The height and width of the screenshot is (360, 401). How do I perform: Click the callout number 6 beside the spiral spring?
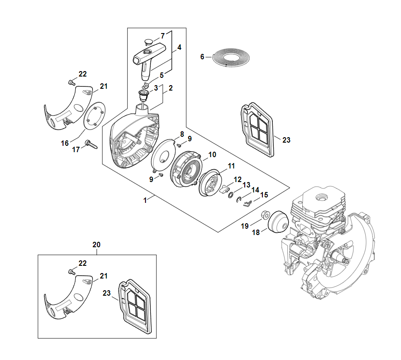pos(203,57)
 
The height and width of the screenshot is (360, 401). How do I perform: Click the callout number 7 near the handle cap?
pos(163,36)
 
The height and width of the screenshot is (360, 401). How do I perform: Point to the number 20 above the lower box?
pos(97,245)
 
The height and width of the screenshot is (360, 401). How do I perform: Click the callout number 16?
pos(65,143)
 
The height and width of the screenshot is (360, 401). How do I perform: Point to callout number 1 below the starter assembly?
pos(145,200)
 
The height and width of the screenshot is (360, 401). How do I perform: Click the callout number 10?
pos(212,155)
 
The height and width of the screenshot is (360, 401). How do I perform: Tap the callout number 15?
pos(264,195)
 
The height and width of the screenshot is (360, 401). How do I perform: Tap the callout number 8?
pos(182,134)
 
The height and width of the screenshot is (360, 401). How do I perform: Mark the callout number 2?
pos(170,89)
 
